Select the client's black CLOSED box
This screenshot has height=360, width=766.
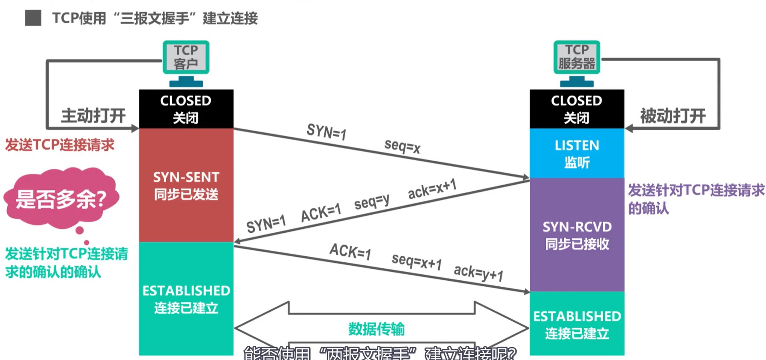186,109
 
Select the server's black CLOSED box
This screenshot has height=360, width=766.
577,109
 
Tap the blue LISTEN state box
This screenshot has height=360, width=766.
577,153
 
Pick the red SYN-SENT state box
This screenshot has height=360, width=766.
186,185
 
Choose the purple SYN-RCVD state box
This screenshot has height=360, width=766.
577,235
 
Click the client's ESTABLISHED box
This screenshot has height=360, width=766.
186,299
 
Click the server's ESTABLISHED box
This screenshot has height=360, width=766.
577,324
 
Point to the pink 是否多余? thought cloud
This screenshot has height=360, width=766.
61,199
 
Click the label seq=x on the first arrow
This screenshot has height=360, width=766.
402,146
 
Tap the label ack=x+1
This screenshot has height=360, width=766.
432,189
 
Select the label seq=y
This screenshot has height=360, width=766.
371,201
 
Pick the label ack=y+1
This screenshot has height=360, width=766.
479,272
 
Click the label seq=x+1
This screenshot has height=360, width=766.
416,261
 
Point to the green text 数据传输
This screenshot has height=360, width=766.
376,329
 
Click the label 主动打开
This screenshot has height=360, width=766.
93,116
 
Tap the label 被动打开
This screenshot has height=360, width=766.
673,116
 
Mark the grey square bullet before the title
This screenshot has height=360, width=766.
33,18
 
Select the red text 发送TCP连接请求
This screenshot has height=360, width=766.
60,145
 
